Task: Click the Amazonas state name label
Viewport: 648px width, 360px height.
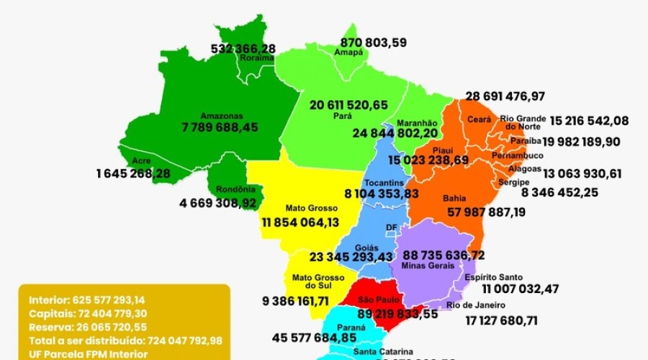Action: (222, 115)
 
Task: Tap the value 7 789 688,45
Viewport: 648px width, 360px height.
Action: (220, 127)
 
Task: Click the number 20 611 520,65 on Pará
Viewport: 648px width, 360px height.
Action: (348, 104)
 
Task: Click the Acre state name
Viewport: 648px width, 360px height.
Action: (142, 161)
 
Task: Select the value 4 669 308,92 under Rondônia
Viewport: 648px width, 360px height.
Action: (217, 203)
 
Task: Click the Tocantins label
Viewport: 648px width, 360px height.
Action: (382, 182)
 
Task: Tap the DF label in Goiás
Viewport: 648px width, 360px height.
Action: (392, 228)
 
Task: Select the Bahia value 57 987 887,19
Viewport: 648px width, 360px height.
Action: (485, 212)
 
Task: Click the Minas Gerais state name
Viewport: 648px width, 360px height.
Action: (430, 266)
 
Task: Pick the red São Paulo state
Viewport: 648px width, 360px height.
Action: (374, 299)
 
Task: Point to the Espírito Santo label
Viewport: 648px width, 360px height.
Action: (493, 277)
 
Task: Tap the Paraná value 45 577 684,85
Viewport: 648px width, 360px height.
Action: (315, 337)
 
